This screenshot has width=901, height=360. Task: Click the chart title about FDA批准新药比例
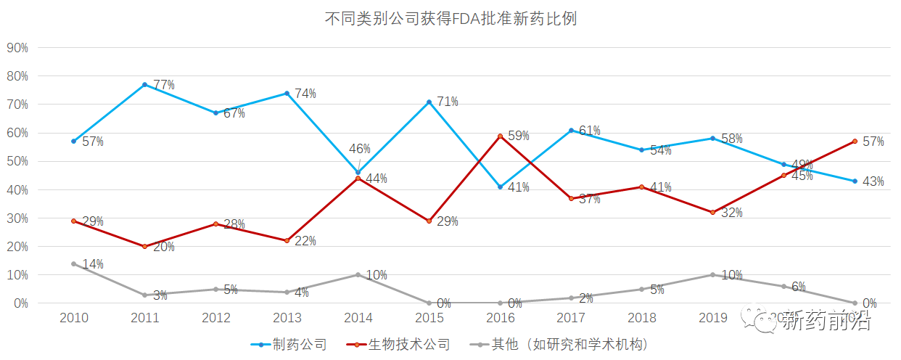[x=450, y=19]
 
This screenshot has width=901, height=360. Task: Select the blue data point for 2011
[x=144, y=85]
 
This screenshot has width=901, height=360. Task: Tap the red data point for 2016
[x=500, y=136]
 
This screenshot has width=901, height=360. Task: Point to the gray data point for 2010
[x=73, y=263]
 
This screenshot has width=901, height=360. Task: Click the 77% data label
[x=163, y=85]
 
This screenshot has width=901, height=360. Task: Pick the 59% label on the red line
[x=519, y=136]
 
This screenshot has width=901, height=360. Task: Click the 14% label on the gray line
[x=93, y=264]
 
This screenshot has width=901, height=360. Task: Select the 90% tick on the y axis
[x=17, y=48]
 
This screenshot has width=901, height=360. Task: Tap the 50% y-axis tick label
[x=17, y=161]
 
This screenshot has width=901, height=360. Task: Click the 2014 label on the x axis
[x=358, y=318]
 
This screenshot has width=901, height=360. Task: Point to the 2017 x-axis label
[x=571, y=318]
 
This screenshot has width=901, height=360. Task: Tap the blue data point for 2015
[x=429, y=102]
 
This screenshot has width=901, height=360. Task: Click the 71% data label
[x=448, y=102]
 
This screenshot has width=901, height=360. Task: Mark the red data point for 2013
[x=287, y=240]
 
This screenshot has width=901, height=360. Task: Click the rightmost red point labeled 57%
[x=855, y=141]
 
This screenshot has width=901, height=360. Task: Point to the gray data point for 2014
[x=358, y=274]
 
